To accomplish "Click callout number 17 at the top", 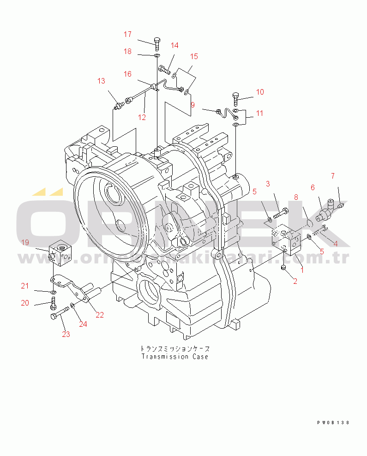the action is (127, 35).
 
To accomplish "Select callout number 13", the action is (101, 81).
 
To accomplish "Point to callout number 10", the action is (260, 92).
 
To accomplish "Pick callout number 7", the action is (333, 176).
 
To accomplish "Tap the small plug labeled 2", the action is (283, 268).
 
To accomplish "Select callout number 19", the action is (25, 242).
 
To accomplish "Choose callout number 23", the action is (66, 334).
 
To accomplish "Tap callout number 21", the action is (24, 286).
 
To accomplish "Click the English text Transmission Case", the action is (174, 357).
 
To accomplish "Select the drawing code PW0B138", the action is (333, 423).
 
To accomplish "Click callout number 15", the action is (194, 57).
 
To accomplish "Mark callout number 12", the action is (142, 117).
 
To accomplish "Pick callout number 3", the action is (267, 184).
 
